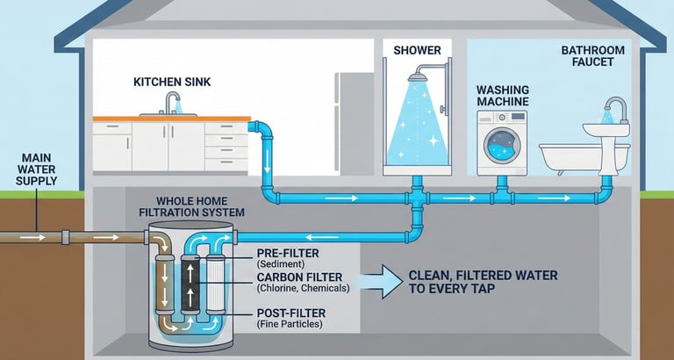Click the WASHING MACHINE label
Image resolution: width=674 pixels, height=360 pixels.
(x=504, y=96)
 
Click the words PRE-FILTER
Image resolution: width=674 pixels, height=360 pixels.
(x=283, y=253)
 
